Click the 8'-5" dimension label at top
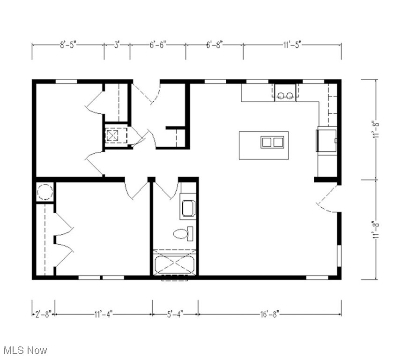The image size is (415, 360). point(68,45)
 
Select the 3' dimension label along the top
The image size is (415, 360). point(117,45)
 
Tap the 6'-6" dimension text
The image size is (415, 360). point(158,45)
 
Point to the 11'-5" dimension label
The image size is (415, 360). point(292,45)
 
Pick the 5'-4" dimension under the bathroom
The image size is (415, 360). point(175,314)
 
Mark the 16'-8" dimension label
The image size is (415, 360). point(270,314)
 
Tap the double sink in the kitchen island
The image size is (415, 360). point(272,142)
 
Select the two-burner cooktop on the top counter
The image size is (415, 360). point(285,96)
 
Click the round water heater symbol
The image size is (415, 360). point(45,192)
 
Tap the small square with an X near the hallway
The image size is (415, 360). point(113,135)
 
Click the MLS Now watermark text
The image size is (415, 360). point(25,350)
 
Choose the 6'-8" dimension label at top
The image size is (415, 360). point(215,45)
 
